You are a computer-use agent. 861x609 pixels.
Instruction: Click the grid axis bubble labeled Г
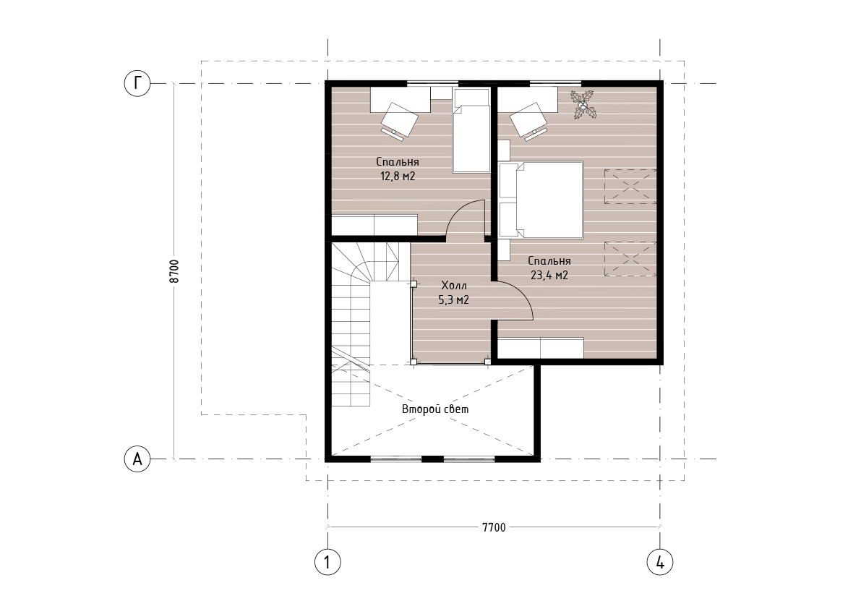coord(137,83)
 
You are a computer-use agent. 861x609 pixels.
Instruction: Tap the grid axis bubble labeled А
coord(137,459)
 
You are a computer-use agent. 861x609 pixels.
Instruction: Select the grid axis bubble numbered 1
coord(327,562)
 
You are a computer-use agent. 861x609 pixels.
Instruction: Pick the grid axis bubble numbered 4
coord(660,562)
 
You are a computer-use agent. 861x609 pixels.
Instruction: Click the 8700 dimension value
coord(174,271)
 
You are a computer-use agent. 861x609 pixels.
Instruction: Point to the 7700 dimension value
coord(494,528)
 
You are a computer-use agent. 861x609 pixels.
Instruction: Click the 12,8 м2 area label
coord(398,176)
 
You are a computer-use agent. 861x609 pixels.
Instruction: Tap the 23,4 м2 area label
coord(549,275)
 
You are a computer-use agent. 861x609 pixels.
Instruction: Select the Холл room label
coord(454,286)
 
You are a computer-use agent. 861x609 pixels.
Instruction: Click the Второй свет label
coord(435,409)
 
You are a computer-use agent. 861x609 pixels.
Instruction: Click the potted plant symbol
coord(583,104)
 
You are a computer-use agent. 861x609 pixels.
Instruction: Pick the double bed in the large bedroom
coord(541,200)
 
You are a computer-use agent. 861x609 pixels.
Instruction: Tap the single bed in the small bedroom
coord(471,131)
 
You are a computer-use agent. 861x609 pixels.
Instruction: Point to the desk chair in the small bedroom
coord(399,121)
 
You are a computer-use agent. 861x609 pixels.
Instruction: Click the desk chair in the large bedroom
coord(528,120)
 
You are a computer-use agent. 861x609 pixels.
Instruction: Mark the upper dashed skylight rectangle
coord(630,187)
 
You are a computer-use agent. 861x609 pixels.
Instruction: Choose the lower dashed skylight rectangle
coord(630,259)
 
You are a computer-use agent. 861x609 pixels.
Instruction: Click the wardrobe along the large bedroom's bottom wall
coord(541,348)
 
